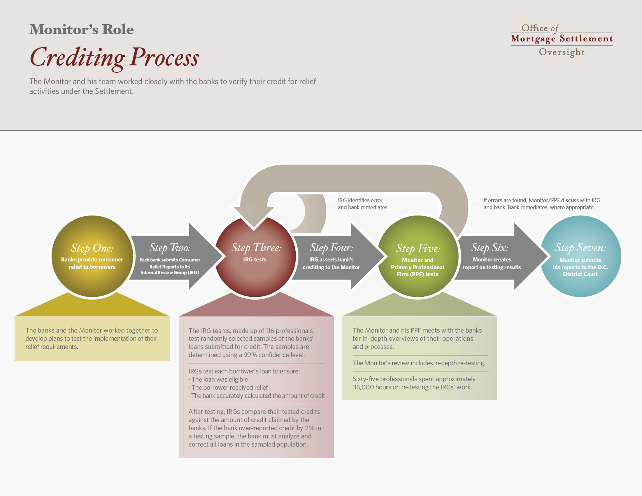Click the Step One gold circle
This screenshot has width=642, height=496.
point(92,256)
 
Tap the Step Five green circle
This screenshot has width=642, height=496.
point(418,256)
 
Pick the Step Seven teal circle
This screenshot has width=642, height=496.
point(581,256)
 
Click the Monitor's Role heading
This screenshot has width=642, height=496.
point(82,29)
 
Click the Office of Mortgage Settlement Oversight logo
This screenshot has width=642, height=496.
point(561,40)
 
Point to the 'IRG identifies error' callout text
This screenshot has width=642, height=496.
point(363,204)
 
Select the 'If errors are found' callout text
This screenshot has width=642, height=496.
point(542,204)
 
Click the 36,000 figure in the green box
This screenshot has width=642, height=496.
point(363,387)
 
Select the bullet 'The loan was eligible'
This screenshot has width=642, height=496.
point(218,379)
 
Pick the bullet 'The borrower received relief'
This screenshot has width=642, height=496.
point(228,387)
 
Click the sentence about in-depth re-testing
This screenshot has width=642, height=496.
point(419,363)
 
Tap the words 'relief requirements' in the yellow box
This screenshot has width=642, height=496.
point(51,347)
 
